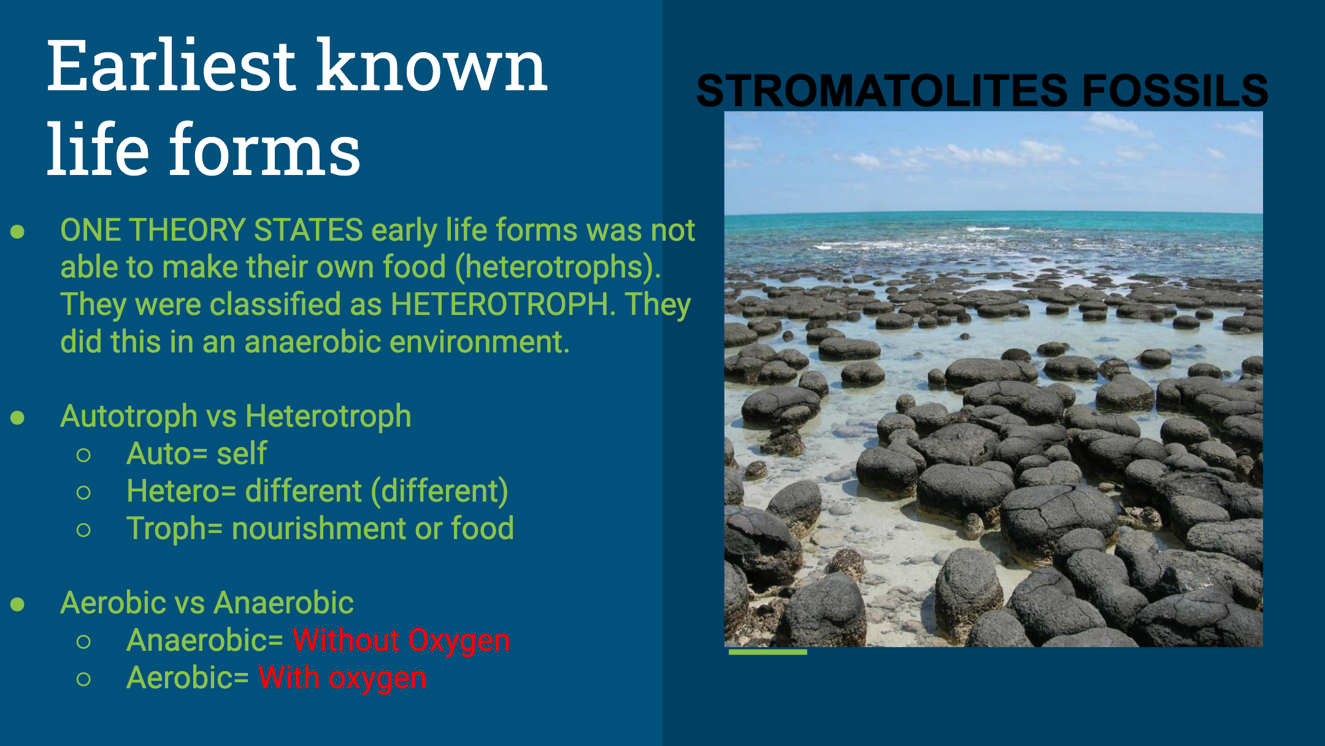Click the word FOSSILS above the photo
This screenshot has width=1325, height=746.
[x=1175, y=90]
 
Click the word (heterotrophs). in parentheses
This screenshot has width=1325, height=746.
[x=558, y=268]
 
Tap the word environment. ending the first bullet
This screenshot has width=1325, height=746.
[x=480, y=342]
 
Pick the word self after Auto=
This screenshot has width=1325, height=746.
[x=242, y=454]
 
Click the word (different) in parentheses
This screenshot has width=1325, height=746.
[x=440, y=492]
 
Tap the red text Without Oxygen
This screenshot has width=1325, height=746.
[x=401, y=641]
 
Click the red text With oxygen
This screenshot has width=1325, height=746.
[x=342, y=678]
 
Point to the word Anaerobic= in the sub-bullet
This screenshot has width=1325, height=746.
[x=205, y=640]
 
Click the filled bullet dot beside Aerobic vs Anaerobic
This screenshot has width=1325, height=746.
[x=18, y=604]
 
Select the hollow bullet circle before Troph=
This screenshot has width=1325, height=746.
[x=84, y=530]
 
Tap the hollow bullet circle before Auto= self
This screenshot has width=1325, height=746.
[x=84, y=455]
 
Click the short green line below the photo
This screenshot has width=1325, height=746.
[x=767, y=652]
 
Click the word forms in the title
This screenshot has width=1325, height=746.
[x=264, y=150]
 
